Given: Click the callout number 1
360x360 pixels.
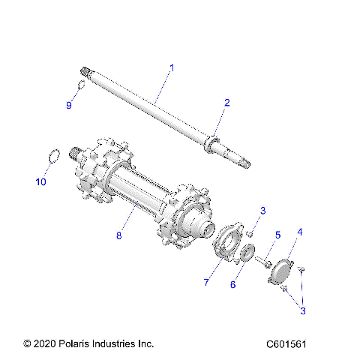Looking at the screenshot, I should [x=171, y=68].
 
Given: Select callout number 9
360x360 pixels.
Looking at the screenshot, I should [x=69, y=105].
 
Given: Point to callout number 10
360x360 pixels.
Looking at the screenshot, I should [x=41, y=182].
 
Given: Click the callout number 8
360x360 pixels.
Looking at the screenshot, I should [x=118, y=235].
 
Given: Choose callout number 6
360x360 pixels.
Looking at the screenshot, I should [x=232, y=285].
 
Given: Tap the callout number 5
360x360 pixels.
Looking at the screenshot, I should [x=277, y=235].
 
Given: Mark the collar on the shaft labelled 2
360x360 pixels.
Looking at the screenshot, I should [x=212, y=141].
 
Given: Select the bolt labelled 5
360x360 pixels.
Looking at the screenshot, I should [x=263, y=262].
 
